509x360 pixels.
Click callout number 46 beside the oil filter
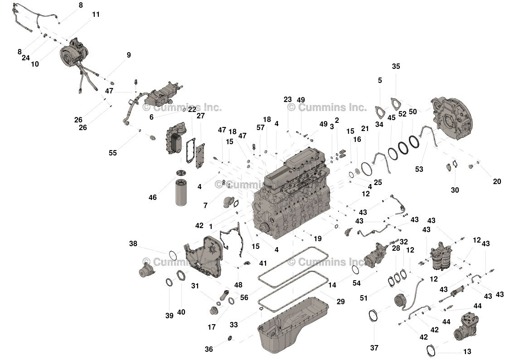(x=152, y=198)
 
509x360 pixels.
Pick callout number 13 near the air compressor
(x=467, y=351)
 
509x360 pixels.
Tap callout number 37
(x=374, y=348)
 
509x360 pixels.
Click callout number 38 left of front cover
(x=133, y=243)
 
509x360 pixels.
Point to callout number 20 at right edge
(x=497, y=181)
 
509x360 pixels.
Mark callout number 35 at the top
(x=396, y=66)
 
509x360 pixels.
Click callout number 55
(x=112, y=153)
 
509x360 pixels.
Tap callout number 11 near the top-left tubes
(x=96, y=14)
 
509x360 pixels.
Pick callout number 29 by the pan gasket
(x=341, y=302)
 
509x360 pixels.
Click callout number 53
(x=419, y=169)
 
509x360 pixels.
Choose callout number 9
(x=129, y=55)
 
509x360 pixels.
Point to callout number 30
(x=455, y=190)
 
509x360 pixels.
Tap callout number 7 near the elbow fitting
(x=205, y=206)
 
